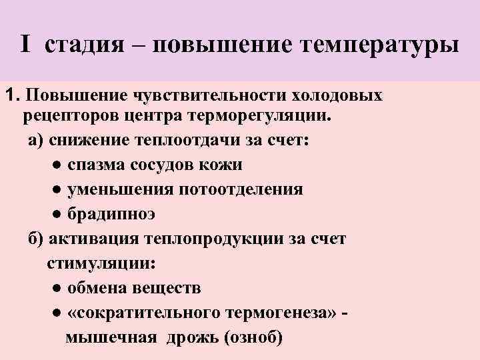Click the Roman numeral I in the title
[x=25, y=45]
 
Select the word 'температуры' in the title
[x=381, y=45]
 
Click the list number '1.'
[x=13, y=95]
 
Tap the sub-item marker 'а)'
[x=35, y=141]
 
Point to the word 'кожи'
[x=223, y=165]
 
